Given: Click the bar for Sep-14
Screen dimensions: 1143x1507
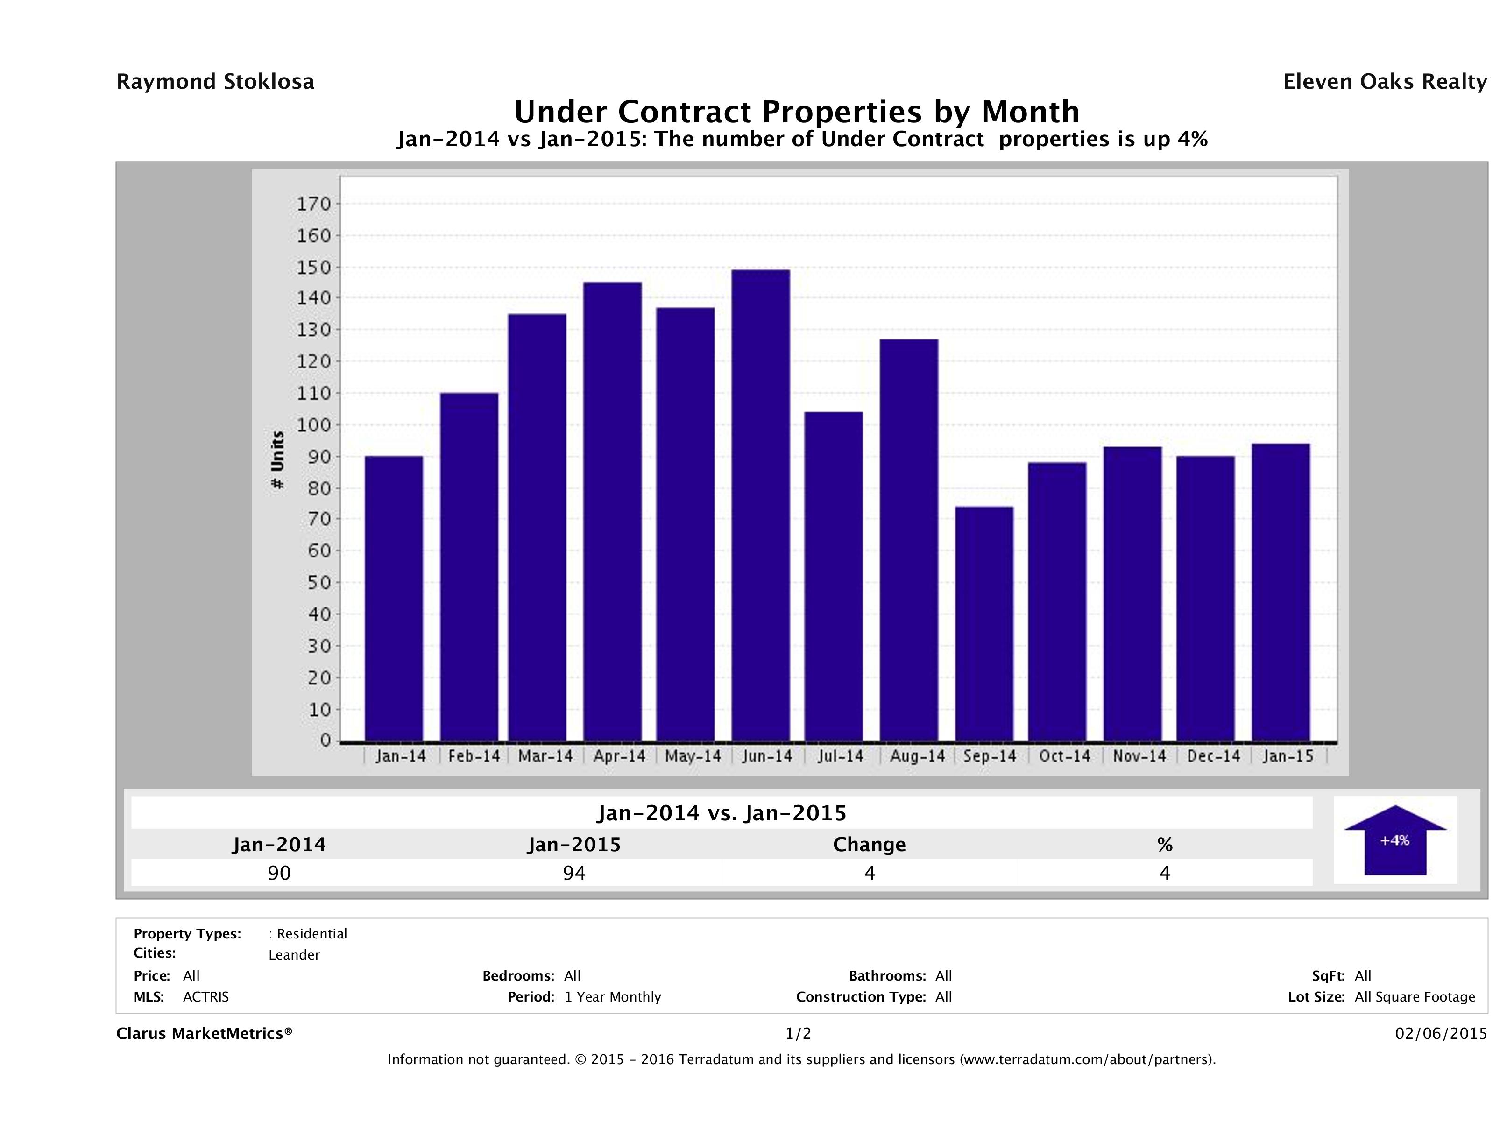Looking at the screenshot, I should tap(984, 623).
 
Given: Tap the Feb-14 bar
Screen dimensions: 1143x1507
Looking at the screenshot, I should tap(469, 567).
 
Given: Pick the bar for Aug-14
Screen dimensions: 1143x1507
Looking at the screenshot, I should tap(908, 539).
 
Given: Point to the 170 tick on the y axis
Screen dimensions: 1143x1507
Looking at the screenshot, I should tap(313, 204).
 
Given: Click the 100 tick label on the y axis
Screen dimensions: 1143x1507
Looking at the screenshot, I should tap(313, 425).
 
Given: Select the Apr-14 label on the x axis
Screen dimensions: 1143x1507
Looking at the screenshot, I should tap(619, 756).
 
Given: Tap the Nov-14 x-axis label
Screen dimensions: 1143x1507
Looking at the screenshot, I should tap(1139, 756).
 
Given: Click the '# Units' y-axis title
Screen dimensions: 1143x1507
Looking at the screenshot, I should tap(277, 460).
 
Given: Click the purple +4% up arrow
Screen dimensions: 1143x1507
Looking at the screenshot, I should tap(1394, 841).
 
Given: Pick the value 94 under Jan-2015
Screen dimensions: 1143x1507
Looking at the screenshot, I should tap(574, 873).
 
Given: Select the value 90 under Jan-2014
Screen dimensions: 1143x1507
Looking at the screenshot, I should tap(279, 873).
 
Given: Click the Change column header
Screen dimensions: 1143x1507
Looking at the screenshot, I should tap(870, 845).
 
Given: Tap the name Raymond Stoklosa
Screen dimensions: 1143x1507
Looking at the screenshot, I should tap(215, 82).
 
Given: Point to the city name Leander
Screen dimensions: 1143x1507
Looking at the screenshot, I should tap(294, 955).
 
